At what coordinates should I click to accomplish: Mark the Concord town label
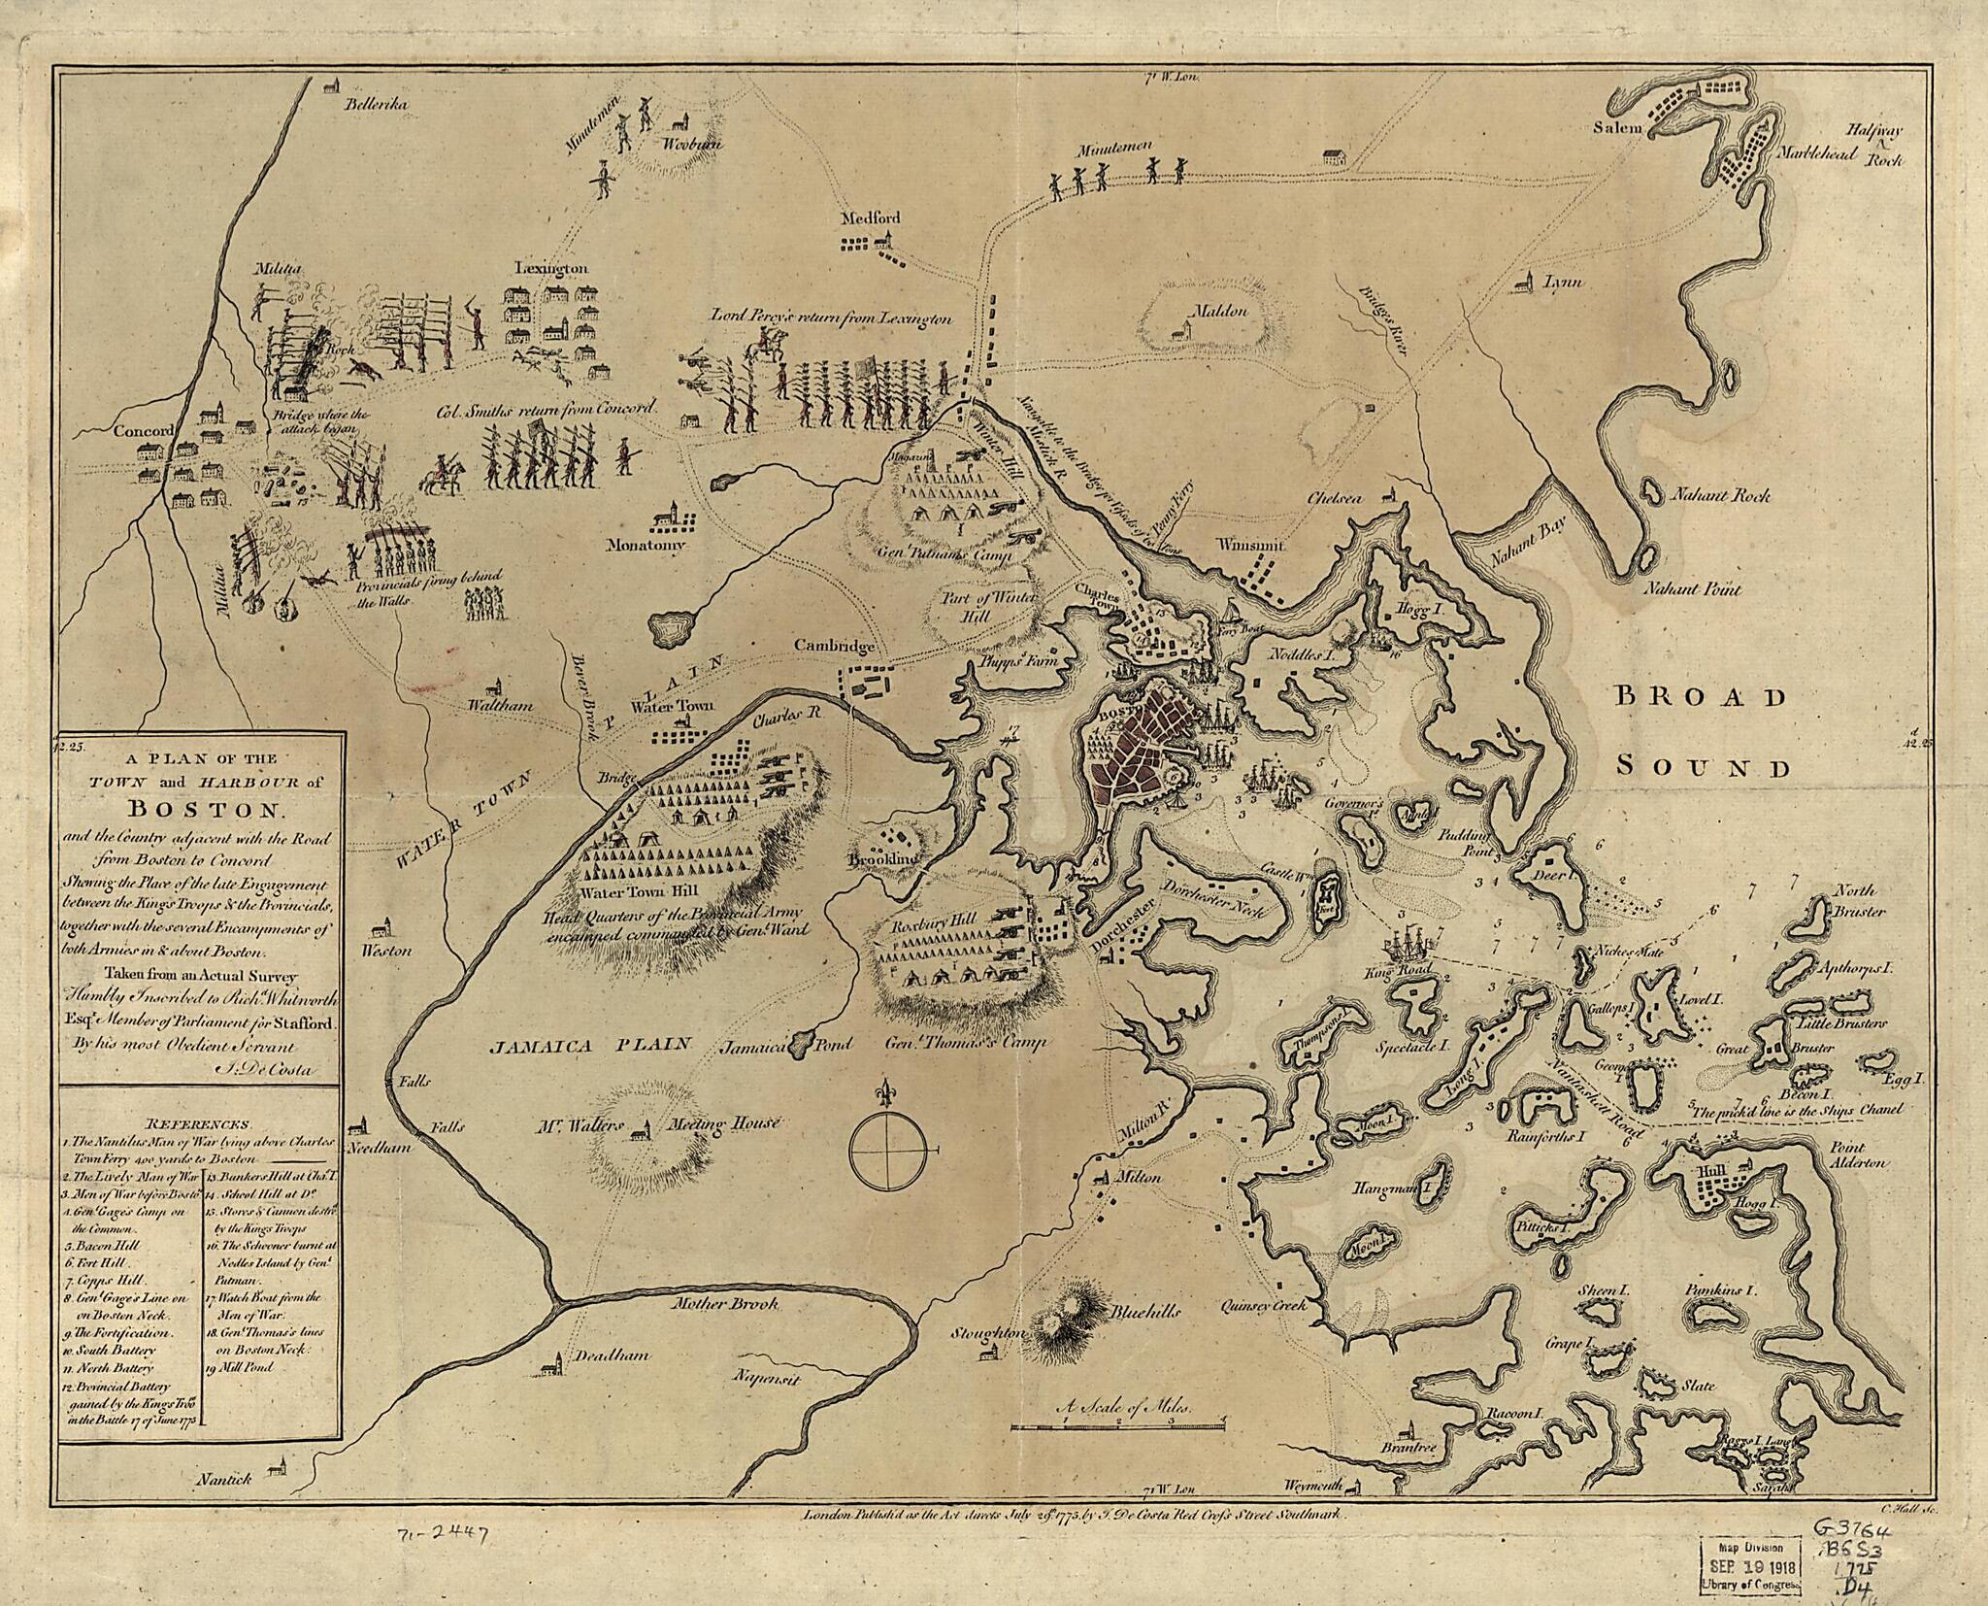pos(141,431)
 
